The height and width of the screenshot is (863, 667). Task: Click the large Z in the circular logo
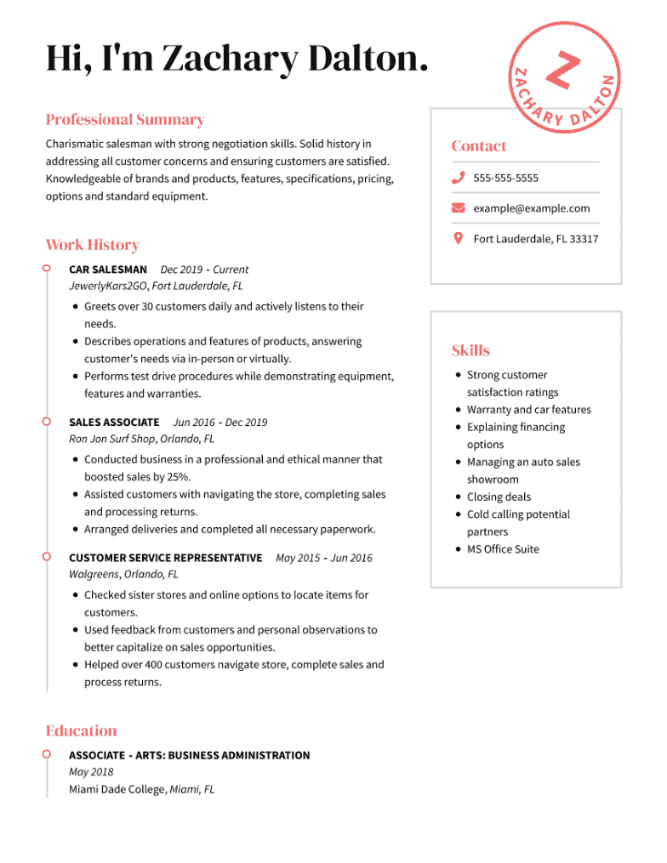pyautogui.click(x=562, y=71)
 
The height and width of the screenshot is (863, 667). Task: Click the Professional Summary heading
pyautogui.click(x=125, y=120)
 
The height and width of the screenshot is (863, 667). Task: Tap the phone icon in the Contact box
pyautogui.click(x=458, y=178)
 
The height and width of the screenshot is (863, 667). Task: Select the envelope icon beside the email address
pyautogui.click(x=458, y=208)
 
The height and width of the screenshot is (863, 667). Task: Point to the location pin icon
pyautogui.click(x=458, y=238)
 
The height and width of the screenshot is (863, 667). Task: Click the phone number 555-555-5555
pyautogui.click(x=505, y=178)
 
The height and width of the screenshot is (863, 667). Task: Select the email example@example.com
pyautogui.click(x=531, y=208)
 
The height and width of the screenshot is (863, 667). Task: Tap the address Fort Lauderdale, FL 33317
pyautogui.click(x=535, y=239)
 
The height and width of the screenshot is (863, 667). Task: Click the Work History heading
pyautogui.click(x=92, y=245)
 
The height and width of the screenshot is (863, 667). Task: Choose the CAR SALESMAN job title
pyautogui.click(x=107, y=270)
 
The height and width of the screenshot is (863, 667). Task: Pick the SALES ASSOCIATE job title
pyautogui.click(x=114, y=423)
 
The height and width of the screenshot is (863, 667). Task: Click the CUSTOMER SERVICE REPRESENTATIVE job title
pyautogui.click(x=165, y=558)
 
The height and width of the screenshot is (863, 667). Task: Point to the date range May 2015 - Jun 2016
pyautogui.click(x=323, y=558)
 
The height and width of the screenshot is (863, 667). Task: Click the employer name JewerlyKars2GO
pyautogui.click(x=108, y=287)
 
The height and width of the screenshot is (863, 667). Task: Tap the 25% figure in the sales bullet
pyautogui.click(x=177, y=477)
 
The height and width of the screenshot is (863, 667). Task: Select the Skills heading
pyautogui.click(x=470, y=350)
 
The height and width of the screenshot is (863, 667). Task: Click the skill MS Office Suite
pyautogui.click(x=503, y=549)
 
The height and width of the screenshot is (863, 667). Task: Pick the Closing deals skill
pyautogui.click(x=499, y=497)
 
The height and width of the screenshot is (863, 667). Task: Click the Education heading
pyautogui.click(x=81, y=731)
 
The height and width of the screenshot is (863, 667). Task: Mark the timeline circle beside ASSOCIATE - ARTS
pyautogui.click(x=47, y=754)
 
